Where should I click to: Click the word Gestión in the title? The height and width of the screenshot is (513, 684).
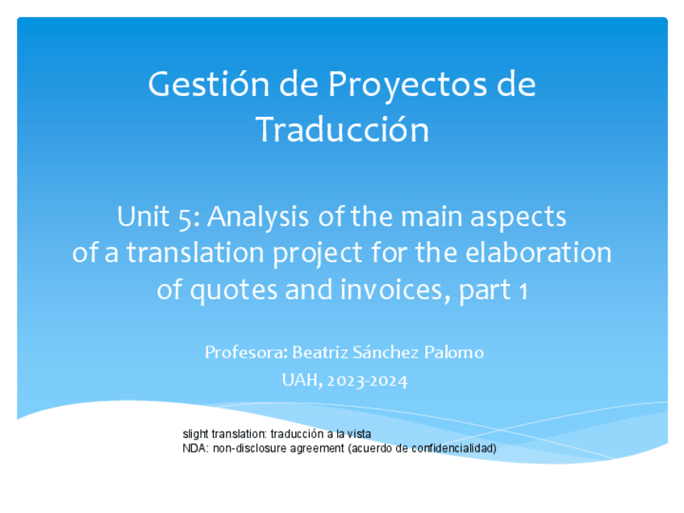click(x=209, y=85)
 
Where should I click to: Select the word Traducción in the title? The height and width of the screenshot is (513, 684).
click(x=343, y=130)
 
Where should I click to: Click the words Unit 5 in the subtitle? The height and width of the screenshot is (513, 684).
click(x=158, y=217)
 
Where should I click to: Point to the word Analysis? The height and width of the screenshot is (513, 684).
click(x=258, y=217)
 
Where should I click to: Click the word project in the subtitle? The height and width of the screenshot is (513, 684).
click(x=317, y=253)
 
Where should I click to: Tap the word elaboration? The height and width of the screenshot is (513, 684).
click(x=538, y=252)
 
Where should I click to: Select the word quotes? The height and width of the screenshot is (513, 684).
click(x=233, y=290)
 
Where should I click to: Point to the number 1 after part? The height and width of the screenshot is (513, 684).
click(x=523, y=291)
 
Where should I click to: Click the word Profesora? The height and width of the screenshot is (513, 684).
click(x=246, y=352)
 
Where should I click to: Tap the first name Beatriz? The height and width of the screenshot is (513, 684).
click(x=320, y=352)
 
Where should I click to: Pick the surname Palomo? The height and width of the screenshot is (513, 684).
click(x=454, y=352)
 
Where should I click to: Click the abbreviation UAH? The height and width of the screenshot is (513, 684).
click(x=302, y=381)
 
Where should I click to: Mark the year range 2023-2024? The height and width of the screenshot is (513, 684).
click(x=367, y=382)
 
